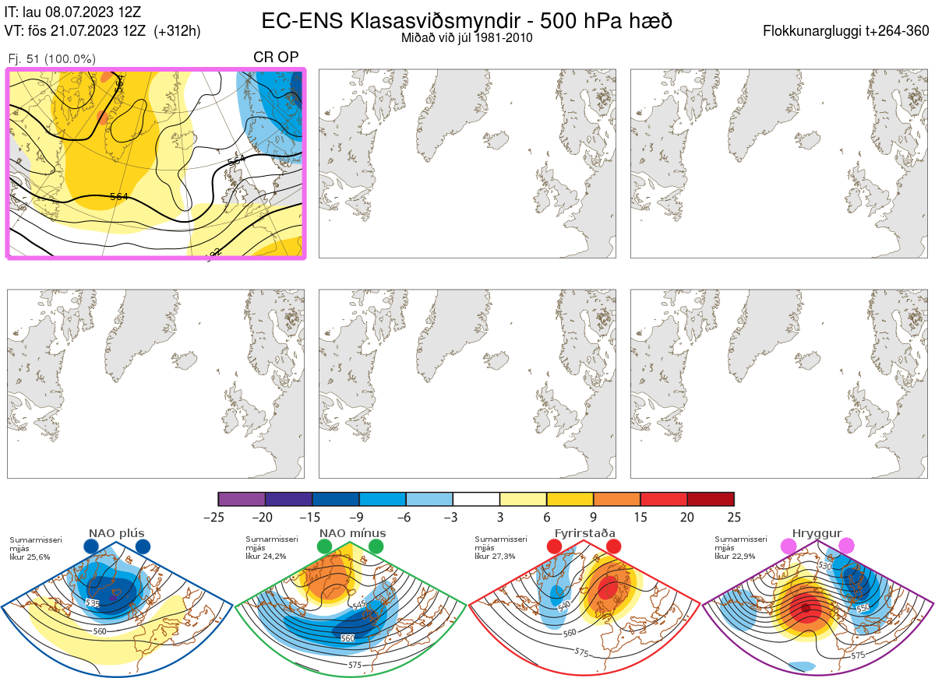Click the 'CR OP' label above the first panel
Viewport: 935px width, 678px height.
[277, 58]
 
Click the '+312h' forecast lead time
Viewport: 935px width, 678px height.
[178, 31]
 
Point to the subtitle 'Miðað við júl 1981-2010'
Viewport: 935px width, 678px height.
[467, 37]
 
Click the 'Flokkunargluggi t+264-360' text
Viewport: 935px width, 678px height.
[848, 31]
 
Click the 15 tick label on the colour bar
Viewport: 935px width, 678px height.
[640, 517]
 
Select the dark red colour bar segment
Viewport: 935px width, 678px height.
[711, 499]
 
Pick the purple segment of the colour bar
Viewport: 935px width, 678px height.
[242, 499]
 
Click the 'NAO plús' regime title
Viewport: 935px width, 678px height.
[116, 533]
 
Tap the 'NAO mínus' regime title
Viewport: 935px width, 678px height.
[352, 533]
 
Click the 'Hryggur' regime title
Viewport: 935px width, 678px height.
[817, 533]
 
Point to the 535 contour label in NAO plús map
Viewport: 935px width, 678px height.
[93, 603]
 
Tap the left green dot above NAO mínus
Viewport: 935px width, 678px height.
[325, 546]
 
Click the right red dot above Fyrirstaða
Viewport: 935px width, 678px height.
[613, 546]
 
